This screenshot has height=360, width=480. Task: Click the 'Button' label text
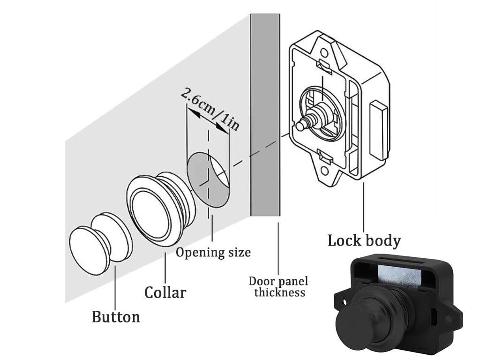116,317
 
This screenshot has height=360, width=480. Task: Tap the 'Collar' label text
165,292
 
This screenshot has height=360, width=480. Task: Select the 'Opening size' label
213,253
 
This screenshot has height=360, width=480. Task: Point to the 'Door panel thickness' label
278,286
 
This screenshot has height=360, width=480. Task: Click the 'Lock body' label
364,240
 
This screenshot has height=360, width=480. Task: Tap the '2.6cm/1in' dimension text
210,109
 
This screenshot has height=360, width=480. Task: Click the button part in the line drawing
101,244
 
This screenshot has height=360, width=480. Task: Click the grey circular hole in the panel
209,180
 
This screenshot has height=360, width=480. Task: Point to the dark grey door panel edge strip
265,115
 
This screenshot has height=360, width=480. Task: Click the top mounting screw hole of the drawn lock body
324,53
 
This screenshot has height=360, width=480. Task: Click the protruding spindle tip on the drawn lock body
301,125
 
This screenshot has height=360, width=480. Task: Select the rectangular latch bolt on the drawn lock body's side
378,130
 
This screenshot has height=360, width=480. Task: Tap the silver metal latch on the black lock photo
400,276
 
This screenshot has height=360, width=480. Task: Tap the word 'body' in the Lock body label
382,240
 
